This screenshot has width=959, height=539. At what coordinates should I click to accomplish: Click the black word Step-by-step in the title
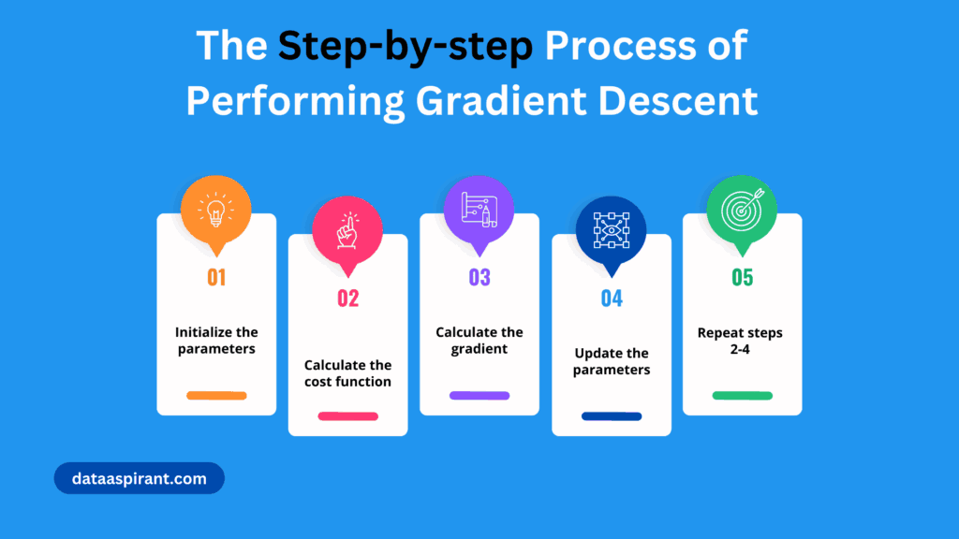[x=406, y=47]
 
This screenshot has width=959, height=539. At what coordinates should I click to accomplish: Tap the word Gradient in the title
[x=501, y=101]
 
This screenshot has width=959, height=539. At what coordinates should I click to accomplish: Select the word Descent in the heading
[x=678, y=101]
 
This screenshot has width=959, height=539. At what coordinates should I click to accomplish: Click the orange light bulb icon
[x=216, y=210]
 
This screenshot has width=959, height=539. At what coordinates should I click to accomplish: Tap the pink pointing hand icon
[x=348, y=230]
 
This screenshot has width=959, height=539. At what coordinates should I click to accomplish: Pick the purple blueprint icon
[x=479, y=210]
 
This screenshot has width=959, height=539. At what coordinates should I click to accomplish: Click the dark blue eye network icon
[x=612, y=230]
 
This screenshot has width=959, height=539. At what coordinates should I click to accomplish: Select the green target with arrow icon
[x=743, y=210]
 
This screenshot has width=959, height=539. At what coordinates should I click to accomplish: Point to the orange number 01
[x=216, y=277]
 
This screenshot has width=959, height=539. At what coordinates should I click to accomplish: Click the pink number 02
[x=348, y=299]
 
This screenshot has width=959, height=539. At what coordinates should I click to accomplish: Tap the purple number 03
[x=479, y=277]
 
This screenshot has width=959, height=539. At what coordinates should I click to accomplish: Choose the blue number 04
[x=612, y=299]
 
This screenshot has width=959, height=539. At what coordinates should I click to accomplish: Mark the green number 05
[x=743, y=277]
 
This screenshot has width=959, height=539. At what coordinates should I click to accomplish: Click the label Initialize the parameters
[x=216, y=341]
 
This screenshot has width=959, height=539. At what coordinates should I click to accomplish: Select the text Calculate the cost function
[x=348, y=373]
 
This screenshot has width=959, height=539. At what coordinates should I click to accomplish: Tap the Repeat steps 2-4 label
[x=740, y=341]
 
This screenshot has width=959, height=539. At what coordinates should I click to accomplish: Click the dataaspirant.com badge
[x=140, y=478]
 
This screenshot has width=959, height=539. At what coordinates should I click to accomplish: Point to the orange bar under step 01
[x=216, y=396]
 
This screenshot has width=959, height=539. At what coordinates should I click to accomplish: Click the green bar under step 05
[x=743, y=396]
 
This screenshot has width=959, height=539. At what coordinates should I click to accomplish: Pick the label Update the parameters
[x=612, y=361]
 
